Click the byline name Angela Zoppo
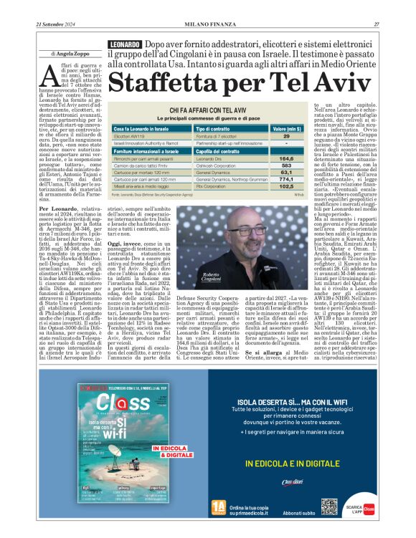[x=72, y=54]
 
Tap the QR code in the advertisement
[x=329, y=506]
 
